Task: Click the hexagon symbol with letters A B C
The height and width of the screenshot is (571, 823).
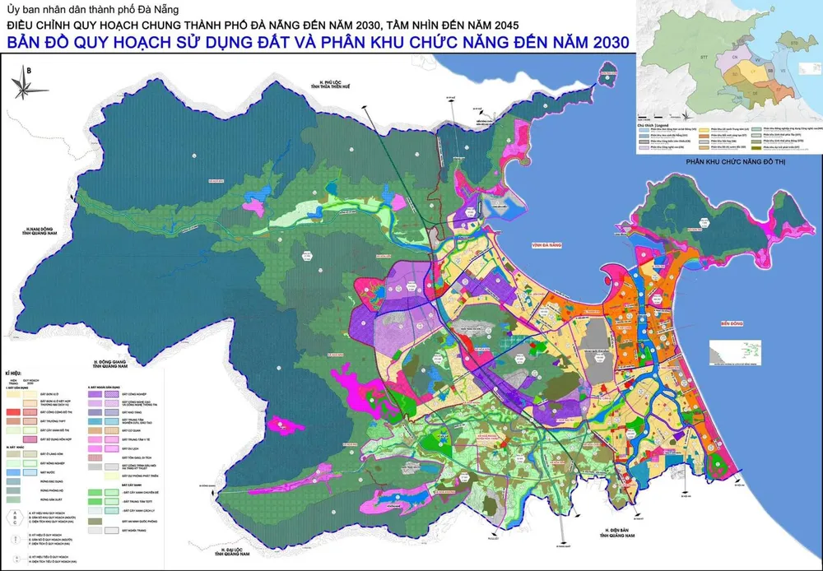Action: (x=17, y=516)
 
